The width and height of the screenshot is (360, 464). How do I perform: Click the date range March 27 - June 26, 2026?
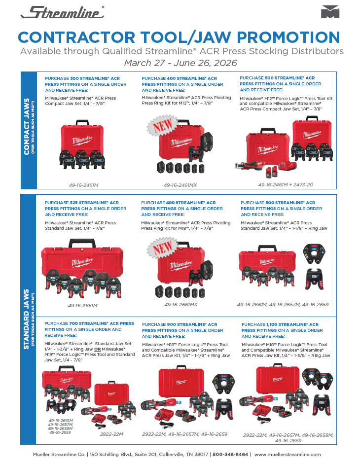pyautogui.click(x=180, y=63)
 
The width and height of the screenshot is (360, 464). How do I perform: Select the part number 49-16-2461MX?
pyautogui.click(x=180, y=185)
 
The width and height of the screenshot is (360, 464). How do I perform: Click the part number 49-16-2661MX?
pyautogui.click(x=180, y=305)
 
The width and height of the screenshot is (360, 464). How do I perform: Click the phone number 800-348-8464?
pyautogui.click(x=230, y=455)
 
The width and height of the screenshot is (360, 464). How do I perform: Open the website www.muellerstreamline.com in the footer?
pyautogui.click(x=288, y=455)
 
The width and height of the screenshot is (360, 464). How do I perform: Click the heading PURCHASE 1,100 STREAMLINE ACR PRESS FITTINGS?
pyautogui.click(x=282, y=330)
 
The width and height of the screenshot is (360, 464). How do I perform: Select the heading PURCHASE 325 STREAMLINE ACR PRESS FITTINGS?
pyautogui.click(x=85, y=209)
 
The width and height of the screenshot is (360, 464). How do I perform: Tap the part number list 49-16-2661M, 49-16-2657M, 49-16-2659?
pyautogui.click(x=283, y=305)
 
